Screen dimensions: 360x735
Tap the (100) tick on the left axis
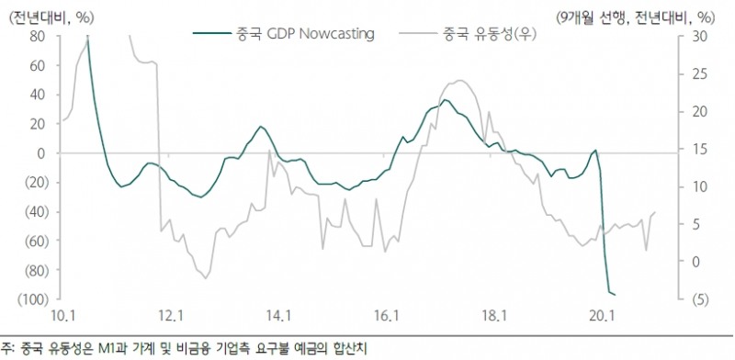[x=34, y=299]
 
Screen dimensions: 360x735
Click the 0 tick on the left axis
[x=42, y=153]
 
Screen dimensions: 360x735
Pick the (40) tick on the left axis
[x=36, y=211]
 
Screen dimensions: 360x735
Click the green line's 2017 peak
[x=446, y=100]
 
